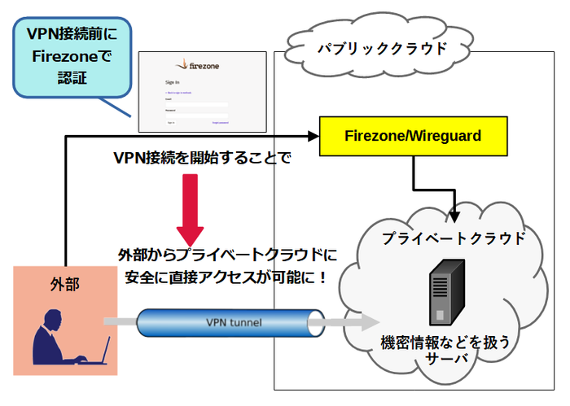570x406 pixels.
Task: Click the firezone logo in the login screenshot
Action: point(201,65)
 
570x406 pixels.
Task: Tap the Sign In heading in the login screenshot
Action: point(172,82)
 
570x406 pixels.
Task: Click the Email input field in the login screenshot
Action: point(195,103)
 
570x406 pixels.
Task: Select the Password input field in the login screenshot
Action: point(195,113)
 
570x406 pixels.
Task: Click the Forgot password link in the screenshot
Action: point(221,123)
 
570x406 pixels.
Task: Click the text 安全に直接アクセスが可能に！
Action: point(226,277)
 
